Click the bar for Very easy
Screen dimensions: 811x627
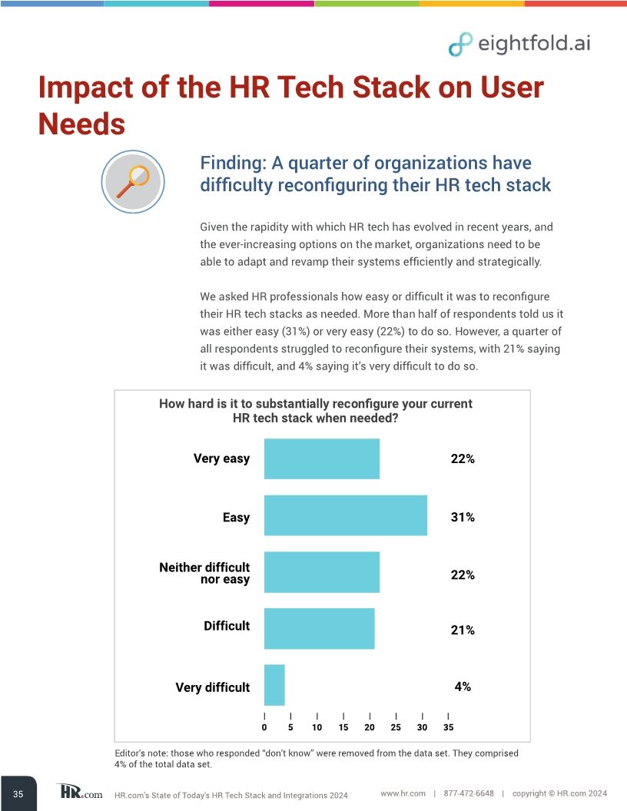click(321, 458)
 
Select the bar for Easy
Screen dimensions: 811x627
click(345, 515)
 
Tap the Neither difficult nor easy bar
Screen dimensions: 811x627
click(321, 572)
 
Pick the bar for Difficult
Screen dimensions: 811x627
click(319, 628)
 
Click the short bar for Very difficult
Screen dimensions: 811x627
click(274, 685)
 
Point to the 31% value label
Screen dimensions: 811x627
click(462, 518)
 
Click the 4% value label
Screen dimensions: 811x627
click(462, 687)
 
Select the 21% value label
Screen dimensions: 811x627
click(462, 631)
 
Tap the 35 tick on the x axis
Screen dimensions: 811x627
click(449, 727)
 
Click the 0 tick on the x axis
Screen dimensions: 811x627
click(264, 727)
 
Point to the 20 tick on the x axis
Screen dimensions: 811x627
click(370, 727)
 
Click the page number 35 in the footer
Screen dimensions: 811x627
click(18, 794)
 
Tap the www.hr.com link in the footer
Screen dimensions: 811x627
click(403, 793)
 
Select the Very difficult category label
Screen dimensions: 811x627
click(212, 687)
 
